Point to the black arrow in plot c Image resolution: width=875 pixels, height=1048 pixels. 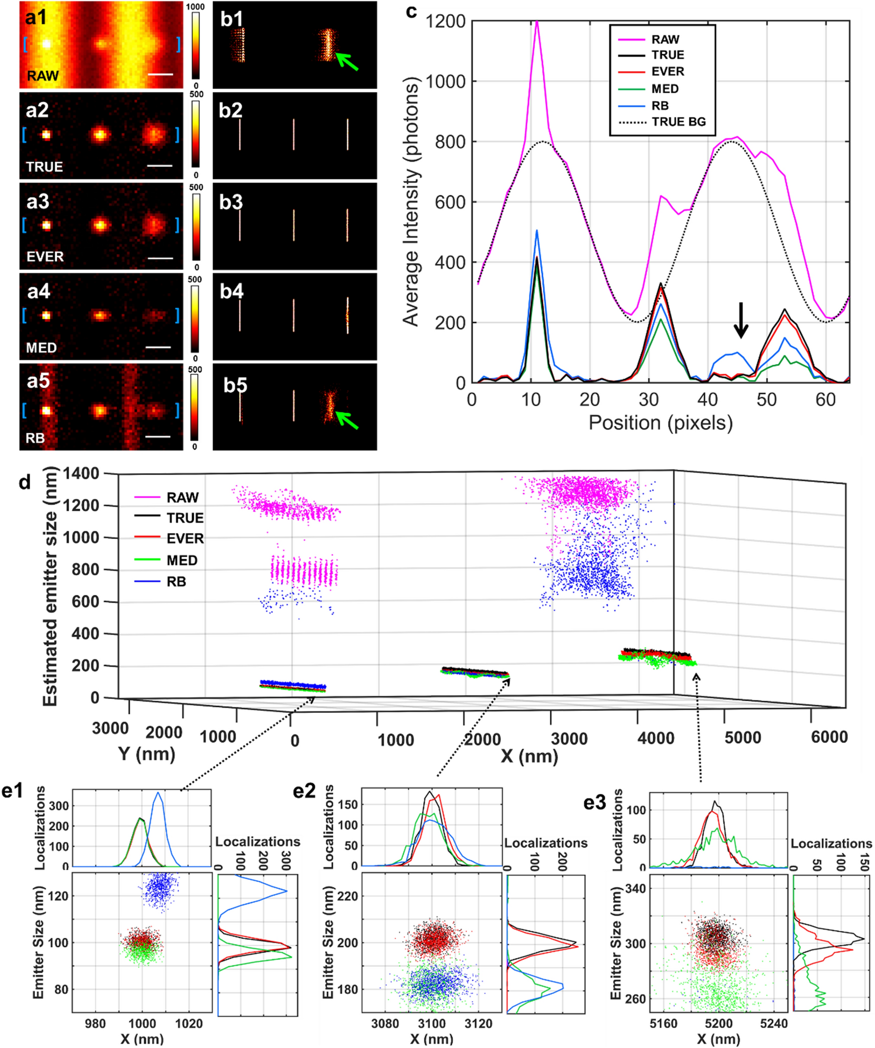[741, 320]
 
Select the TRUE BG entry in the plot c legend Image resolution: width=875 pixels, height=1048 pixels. [678, 122]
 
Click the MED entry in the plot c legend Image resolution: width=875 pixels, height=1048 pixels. [664, 88]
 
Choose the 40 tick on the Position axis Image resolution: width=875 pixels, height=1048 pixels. [708, 399]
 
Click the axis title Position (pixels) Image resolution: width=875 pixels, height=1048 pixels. [660, 423]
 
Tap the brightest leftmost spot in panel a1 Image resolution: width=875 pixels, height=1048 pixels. [46, 44]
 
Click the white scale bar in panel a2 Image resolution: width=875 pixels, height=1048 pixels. [159, 166]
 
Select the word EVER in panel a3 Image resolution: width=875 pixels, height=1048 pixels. [45, 257]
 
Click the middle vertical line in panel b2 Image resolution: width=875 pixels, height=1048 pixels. [293, 135]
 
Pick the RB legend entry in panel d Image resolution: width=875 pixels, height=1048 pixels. [176, 582]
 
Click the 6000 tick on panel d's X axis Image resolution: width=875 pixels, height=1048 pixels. [829, 737]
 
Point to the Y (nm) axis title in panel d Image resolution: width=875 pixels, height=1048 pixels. [147, 753]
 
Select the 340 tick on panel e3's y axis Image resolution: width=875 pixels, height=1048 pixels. [635, 888]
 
